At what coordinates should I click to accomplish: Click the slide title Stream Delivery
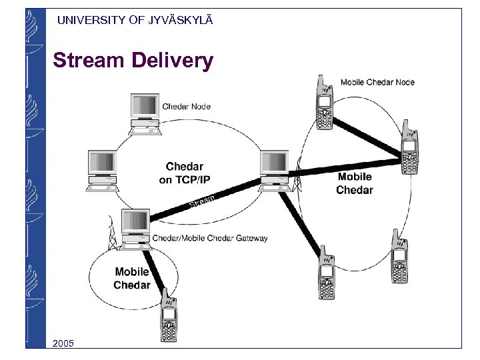[133, 61]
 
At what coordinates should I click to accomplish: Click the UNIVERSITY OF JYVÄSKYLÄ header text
[135, 20]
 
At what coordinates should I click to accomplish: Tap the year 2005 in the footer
[65, 343]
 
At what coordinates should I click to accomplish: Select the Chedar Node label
[187, 107]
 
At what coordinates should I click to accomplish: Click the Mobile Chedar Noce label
[377, 82]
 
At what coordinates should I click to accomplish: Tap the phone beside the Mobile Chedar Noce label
[323, 103]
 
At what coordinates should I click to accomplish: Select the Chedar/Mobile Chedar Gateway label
[210, 238]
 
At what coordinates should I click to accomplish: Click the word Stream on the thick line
[201, 199]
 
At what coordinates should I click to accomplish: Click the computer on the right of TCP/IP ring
[274, 167]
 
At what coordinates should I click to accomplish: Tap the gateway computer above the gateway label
[135, 225]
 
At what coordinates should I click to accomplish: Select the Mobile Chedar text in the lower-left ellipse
[132, 279]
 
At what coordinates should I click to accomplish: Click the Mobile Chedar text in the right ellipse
[355, 183]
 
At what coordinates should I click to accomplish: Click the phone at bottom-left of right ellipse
[326, 273]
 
